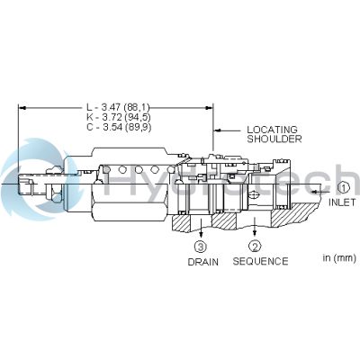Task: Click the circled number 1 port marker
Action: [x=343, y=188]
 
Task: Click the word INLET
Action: [x=343, y=202]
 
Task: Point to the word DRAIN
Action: [x=202, y=262]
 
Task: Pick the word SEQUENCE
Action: [x=260, y=262]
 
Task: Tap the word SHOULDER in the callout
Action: [x=273, y=139]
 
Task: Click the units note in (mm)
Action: [x=340, y=258]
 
